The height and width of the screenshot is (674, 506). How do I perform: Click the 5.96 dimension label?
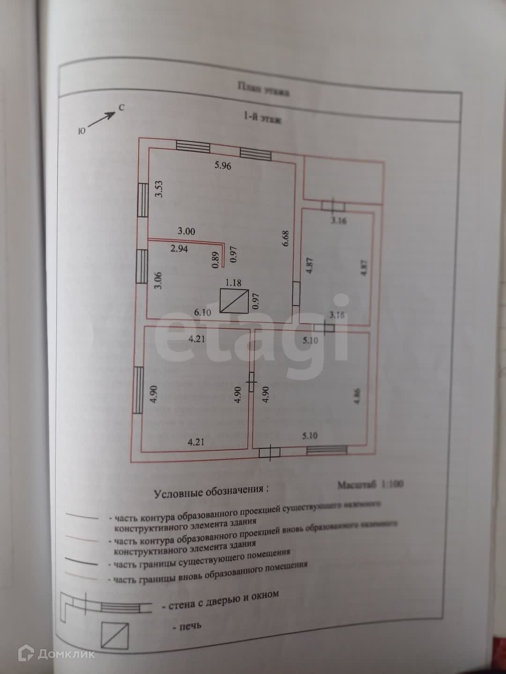pyautogui.click(x=223, y=165)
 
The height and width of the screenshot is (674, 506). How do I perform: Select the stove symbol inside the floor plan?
pyautogui.click(x=234, y=301)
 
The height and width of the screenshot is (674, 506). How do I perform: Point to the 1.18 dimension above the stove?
pyautogui.click(x=233, y=283)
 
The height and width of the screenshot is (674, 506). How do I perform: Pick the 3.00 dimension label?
pyautogui.click(x=186, y=231)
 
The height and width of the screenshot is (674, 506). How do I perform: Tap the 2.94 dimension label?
pyautogui.click(x=179, y=249)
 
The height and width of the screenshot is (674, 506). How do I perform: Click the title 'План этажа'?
pyautogui.click(x=263, y=89)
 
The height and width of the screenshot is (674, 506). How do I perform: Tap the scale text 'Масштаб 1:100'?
pyautogui.click(x=370, y=484)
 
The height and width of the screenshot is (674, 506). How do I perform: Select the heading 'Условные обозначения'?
pyautogui.click(x=212, y=491)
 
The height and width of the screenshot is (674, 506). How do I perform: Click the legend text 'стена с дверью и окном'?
pyautogui.click(x=220, y=600)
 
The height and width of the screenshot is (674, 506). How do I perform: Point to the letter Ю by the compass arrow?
pyautogui.click(x=82, y=132)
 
